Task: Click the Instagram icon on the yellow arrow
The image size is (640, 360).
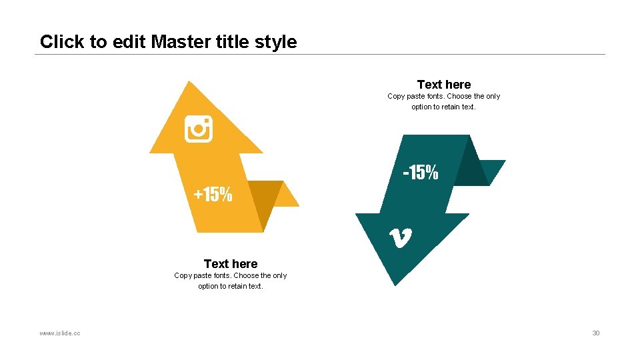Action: point(198,129)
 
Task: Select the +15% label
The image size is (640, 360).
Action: point(213,195)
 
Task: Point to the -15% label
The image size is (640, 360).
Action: point(421,173)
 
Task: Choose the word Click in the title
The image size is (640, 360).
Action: point(62,42)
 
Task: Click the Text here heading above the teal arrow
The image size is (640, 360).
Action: point(443,85)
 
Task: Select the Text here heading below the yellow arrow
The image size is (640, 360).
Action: point(230,264)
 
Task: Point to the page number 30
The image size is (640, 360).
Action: point(596,333)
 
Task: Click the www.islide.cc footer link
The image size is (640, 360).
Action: point(60,333)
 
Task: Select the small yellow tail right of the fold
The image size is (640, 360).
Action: point(287,196)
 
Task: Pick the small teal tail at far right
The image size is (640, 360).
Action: point(497,170)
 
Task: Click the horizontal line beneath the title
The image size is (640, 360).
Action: point(320,54)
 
